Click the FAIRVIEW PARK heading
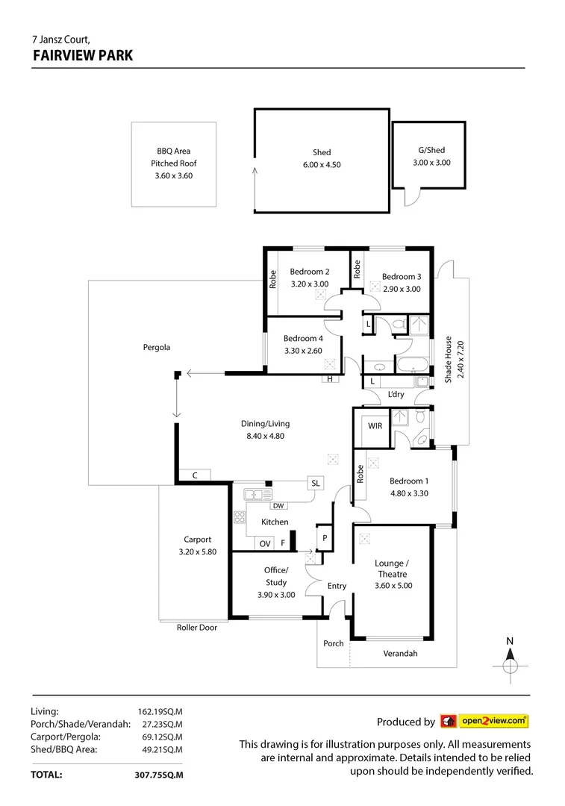pyautogui.click(x=83, y=55)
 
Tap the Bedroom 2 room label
pyautogui.click(x=310, y=272)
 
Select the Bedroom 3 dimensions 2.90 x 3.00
pyautogui.click(x=402, y=289)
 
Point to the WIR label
pyautogui.click(x=375, y=426)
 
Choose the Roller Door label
pyautogui.click(x=197, y=628)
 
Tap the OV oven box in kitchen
pyautogui.click(x=265, y=544)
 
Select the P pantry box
pyautogui.click(x=325, y=537)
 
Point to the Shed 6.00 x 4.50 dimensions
pyautogui.click(x=322, y=165)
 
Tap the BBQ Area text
pyautogui.click(x=173, y=151)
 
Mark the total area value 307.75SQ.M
pyautogui.click(x=154, y=775)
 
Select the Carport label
pyautogui.click(x=198, y=540)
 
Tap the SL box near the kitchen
pyautogui.click(x=316, y=484)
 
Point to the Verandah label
pyautogui.click(x=400, y=654)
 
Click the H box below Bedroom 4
pyautogui.click(x=329, y=379)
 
